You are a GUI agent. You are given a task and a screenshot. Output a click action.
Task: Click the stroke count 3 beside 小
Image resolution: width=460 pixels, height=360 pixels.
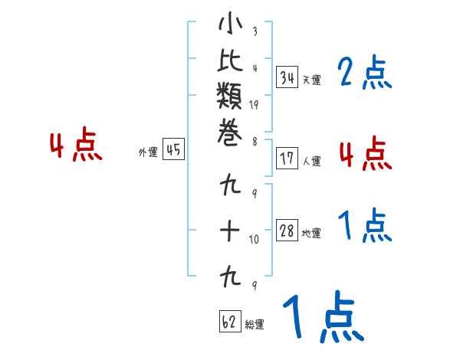tap(254, 32)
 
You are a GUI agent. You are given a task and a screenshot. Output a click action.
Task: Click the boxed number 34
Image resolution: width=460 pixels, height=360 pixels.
tap(287, 77)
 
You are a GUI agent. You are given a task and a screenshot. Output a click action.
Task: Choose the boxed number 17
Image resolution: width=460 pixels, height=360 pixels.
tap(287, 159)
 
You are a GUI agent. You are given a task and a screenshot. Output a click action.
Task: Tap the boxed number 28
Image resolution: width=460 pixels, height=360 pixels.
tap(287, 231)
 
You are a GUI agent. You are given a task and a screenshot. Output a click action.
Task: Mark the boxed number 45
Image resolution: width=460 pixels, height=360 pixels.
tap(173, 150)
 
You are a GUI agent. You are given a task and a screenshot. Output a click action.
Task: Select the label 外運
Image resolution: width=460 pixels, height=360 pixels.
tap(148, 152)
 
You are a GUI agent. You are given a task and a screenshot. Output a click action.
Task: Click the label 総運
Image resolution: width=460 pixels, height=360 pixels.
tap(255, 325)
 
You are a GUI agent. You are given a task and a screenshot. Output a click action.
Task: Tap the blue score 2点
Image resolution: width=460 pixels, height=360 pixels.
tap(364, 74)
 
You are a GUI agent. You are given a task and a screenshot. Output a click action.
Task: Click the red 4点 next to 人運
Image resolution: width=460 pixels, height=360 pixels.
tap(364, 153)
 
